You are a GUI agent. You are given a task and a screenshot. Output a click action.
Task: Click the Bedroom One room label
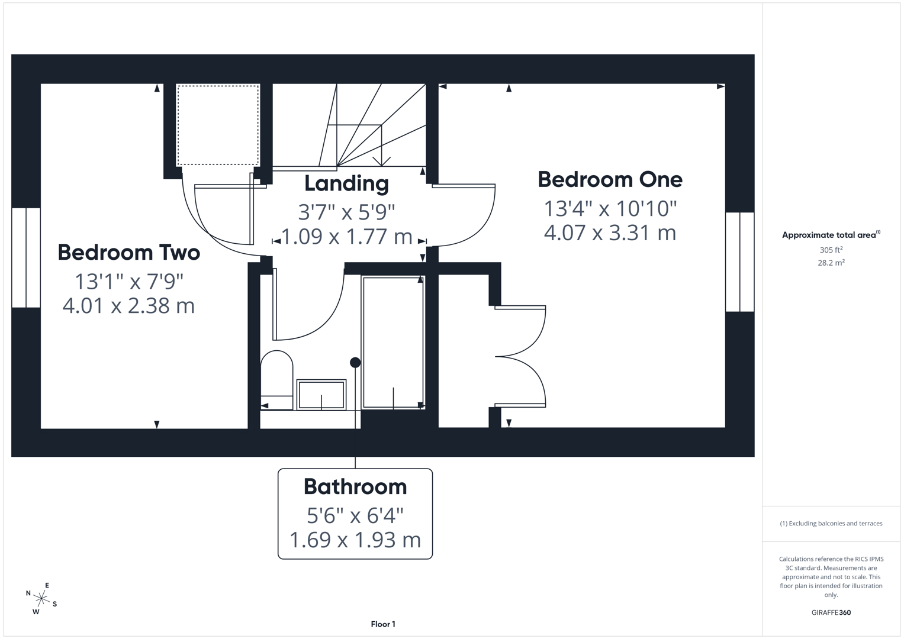(610, 180)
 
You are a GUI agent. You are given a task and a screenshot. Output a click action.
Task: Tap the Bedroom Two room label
(128, 253)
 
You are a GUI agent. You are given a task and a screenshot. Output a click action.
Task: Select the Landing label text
(346, 183)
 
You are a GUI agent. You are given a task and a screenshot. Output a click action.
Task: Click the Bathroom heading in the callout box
(355, 487)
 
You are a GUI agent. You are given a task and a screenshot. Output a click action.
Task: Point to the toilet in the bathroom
(276, 379)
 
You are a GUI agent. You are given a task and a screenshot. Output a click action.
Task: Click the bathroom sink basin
(321, 395)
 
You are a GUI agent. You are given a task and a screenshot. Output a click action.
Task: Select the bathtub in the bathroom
(393, 342)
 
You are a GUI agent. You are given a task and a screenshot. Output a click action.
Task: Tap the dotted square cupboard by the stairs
(218, 125)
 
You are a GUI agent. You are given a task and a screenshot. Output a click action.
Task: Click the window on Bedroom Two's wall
(26, 257)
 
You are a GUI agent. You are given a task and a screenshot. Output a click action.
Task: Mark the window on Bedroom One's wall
(739, 262)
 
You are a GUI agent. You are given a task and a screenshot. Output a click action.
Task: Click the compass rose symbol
(41, 599)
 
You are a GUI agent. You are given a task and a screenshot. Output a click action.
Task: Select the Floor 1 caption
(383, 624)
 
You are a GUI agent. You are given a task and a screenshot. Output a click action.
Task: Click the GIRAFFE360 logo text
(831, 612)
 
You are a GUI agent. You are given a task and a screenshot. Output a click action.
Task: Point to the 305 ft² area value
(831, 250)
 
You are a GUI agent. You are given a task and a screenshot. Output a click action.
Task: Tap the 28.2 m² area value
(831, 263)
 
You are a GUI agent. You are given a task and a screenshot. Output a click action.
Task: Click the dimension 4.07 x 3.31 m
(610, 233)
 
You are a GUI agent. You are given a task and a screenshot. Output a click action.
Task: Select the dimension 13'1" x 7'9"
(128, 280)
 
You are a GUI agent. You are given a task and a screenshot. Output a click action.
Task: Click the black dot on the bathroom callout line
(355, 363)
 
